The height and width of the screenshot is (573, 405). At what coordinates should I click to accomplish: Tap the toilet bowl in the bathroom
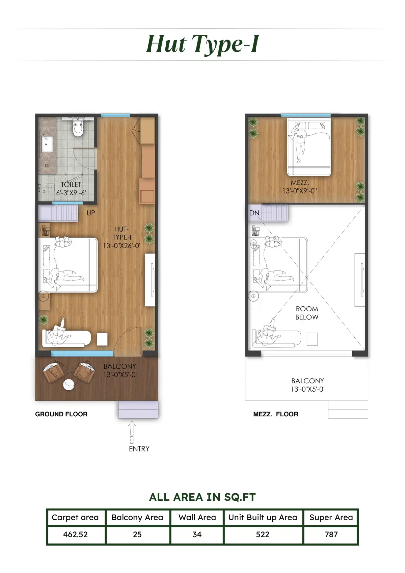[78, 128]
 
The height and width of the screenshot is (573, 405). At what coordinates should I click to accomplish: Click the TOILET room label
[71, 184]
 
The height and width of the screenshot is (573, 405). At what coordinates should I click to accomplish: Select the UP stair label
[91, 213]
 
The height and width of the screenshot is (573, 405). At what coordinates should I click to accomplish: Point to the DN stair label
[254, 213]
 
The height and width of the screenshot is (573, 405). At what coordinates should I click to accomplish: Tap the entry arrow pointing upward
[132, 432]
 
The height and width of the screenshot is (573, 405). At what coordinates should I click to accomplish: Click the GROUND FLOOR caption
[61, 414]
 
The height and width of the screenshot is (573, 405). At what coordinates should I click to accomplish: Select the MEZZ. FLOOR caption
[276, 414]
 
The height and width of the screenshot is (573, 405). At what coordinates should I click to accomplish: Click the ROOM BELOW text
[307, 313]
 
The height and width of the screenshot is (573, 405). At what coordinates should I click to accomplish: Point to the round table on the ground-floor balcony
[69, 385]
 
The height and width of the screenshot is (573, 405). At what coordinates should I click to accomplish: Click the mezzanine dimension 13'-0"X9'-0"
[299, 191]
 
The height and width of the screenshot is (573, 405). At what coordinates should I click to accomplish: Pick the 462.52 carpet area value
[75, 535]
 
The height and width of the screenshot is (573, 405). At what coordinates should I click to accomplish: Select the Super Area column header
[331, 517]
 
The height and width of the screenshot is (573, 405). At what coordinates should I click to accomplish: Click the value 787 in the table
[331, 535]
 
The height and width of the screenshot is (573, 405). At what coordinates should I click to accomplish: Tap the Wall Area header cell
[197, 517]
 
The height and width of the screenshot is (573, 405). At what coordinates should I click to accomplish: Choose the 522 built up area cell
[263, 535]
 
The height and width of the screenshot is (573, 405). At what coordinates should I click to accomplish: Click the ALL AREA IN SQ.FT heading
[202, 497]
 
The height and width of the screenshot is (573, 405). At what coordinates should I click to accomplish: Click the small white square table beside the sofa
[102, 339]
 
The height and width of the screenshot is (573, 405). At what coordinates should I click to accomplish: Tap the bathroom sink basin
[47, 144]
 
